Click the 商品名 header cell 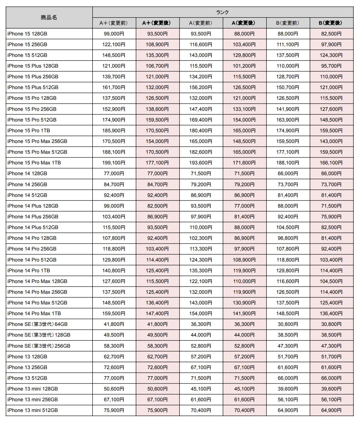49,18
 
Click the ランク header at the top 222,12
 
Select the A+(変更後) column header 157,23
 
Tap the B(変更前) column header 288,23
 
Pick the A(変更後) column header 244,23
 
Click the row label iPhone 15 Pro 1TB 29,130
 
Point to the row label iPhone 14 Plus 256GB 33,217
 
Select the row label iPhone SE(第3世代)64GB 38,324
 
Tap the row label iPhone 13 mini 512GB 32,410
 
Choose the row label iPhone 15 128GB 27,34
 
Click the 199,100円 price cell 114,163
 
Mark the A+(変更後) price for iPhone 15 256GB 157,44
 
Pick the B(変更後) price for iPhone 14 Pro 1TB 331,270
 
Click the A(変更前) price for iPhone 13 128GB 201,357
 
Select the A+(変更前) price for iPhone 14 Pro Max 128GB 114,281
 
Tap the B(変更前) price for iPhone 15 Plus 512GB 288,87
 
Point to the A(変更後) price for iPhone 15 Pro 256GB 244,109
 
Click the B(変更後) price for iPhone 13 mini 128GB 331,389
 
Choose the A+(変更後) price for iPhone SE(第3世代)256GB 157,346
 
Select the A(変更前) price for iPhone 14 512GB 201,195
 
